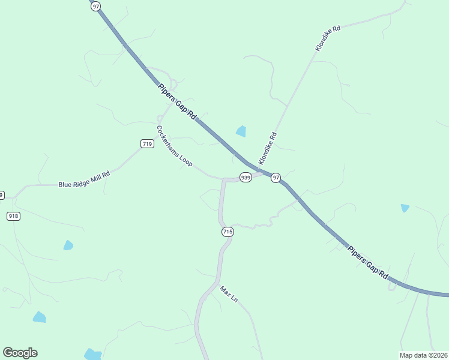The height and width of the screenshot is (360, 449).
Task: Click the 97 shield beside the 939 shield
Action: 276,178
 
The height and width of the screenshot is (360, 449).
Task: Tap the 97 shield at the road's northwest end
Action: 96,5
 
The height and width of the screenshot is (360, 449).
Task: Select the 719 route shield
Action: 147,143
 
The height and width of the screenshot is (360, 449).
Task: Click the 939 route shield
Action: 246,178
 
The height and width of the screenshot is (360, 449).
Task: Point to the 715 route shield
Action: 227,232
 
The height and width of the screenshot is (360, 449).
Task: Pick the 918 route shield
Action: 13,216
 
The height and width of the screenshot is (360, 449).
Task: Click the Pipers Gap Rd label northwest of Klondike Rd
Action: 178,101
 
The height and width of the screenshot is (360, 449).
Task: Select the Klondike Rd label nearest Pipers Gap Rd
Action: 268,148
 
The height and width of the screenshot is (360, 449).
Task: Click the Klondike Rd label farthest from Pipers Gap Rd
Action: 327,37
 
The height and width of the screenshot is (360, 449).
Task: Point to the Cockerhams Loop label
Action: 174,146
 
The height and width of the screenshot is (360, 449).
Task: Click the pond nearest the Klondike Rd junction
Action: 241,131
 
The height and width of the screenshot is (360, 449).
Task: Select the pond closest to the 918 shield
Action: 68,245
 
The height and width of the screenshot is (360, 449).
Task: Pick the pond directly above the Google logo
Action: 40,317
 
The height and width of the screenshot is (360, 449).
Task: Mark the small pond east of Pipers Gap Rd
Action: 405,208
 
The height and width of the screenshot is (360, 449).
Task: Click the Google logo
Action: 20,353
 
